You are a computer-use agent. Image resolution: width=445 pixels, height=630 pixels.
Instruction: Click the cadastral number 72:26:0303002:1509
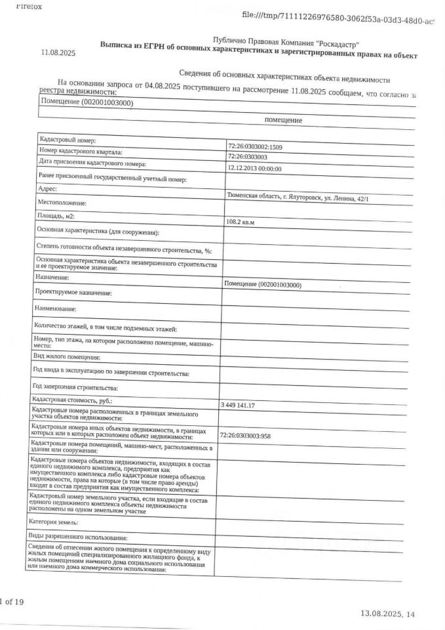coord(256,146)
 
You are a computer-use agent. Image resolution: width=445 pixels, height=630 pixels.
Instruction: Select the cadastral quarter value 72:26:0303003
coord(247,157)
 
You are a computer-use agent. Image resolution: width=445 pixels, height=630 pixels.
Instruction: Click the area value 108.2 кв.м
coord(240,222)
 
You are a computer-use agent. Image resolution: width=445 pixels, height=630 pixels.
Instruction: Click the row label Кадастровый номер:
coord(68,140)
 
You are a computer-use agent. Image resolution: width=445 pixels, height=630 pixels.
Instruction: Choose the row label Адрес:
coord(48,189)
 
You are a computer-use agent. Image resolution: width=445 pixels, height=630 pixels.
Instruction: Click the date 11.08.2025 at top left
coord(58,52)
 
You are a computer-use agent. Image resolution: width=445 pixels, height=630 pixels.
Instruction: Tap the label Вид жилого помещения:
coord(66,358)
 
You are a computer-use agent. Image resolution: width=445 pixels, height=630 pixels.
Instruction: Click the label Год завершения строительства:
coord(75,387)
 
